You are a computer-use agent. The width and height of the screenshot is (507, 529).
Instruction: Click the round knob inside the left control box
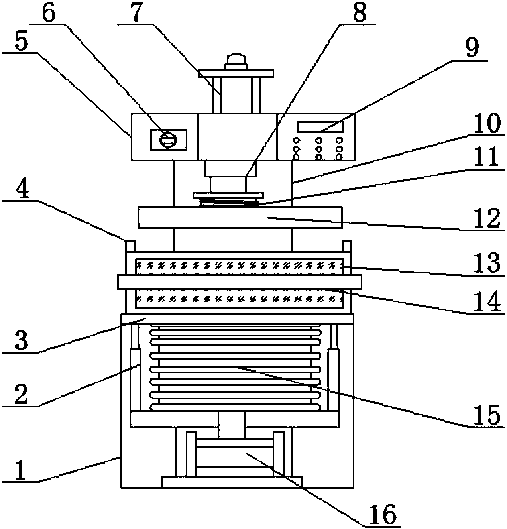[x=168, y=139]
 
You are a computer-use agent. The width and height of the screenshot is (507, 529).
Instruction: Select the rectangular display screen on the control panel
[x=320, y=127]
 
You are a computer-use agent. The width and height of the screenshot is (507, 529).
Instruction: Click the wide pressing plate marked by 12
[x=239, y=217]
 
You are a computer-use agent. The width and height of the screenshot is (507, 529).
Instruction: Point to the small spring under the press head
[x=228, y=203]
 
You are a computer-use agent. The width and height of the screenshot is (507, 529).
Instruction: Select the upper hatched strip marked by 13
[x=239, y=266]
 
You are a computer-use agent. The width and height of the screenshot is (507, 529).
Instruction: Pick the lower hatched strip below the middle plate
[x=239, y=298]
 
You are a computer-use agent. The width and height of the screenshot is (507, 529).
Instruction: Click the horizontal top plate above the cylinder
[x=236, y=73]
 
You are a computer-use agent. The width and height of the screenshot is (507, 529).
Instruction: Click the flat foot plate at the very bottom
[x=232, y=482]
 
